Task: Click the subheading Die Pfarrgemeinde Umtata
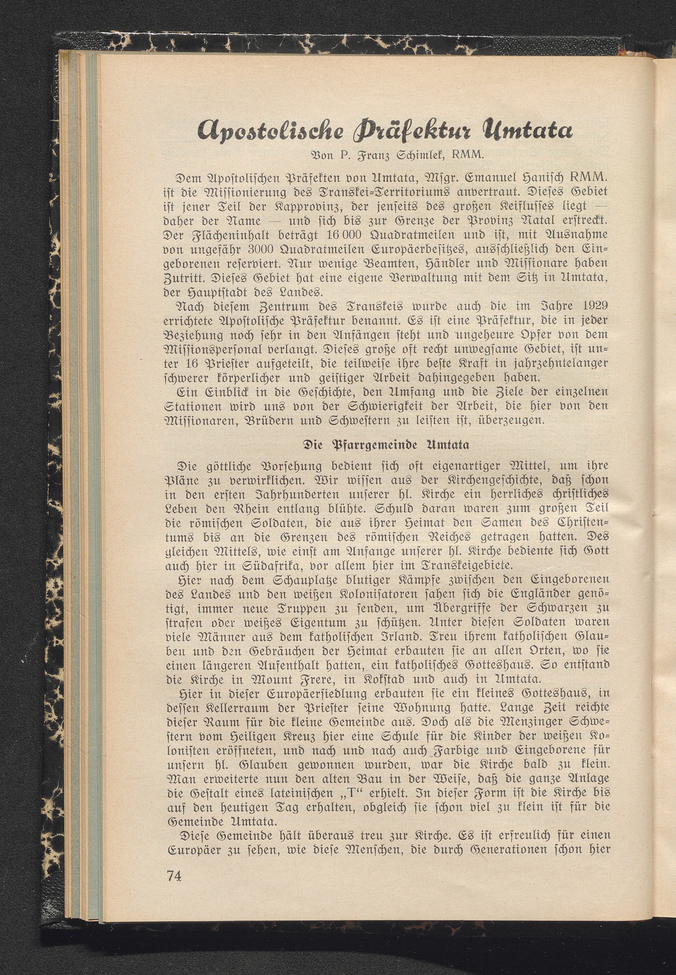point(386,446)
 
